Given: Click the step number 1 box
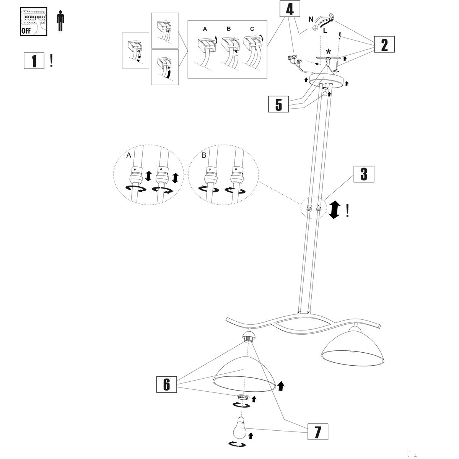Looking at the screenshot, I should (34, 60).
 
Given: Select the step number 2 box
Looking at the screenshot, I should (384, 45).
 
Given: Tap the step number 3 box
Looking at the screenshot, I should (363, 174).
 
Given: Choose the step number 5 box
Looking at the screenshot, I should (278, 104).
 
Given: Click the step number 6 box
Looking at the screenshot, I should (166, 384).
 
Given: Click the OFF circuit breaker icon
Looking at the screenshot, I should (33, 22).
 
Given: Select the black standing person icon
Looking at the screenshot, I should (60, 21).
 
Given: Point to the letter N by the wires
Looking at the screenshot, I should (311, 19).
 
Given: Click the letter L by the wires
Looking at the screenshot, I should (325, 31).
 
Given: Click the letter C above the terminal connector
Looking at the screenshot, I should (252, 29).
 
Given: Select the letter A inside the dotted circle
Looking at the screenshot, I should (129, 155).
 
